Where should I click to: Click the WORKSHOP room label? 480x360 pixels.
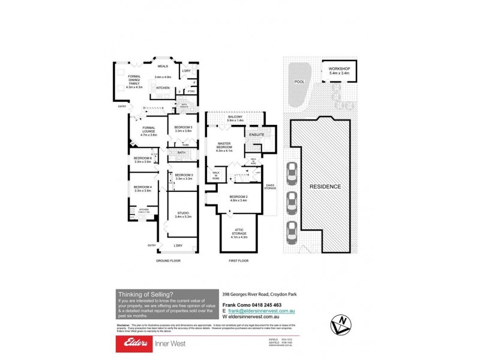(339, 69)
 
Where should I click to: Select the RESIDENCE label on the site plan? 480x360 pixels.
(325, 187)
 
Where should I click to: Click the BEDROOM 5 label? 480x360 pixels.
(184, 127)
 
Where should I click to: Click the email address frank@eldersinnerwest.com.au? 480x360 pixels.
(260, 311)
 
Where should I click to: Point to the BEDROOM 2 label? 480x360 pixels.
(238, 197)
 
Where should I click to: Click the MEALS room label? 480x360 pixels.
(163, 67)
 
